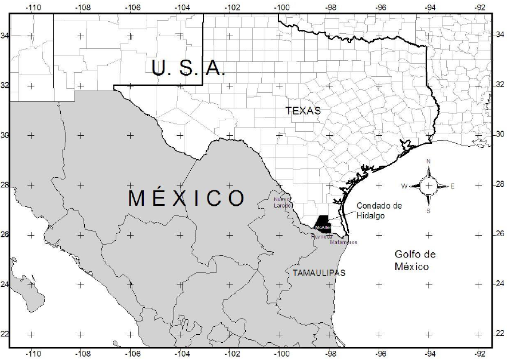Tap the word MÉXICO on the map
[x=186, y=198]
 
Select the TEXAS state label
[x=303, y=111]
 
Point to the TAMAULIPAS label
[x=319, y=273]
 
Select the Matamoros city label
[x=344, y=242]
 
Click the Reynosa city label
[x=321, y=236]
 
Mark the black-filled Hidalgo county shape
[x=322, y=222]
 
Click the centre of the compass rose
[x=429, y=185]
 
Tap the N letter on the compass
[x=429, y=161]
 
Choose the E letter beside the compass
[x=453, y=186]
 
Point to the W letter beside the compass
[x=404, y=186]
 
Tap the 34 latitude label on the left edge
[x=5, y=36]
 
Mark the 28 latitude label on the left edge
[x=5, y=185]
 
